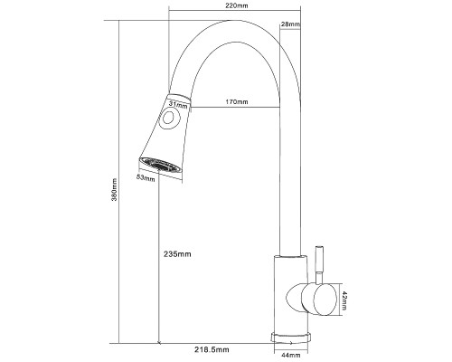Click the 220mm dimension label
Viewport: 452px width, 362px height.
237,5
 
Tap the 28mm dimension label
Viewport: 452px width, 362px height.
290,24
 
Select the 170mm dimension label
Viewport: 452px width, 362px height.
237,101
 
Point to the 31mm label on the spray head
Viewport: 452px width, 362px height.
178,104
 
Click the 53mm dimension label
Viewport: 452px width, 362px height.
146,177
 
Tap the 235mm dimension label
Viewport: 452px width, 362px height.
177,254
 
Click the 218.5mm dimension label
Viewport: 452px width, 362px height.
212,349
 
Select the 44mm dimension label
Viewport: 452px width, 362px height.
290,356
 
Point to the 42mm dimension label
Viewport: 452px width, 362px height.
344,300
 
